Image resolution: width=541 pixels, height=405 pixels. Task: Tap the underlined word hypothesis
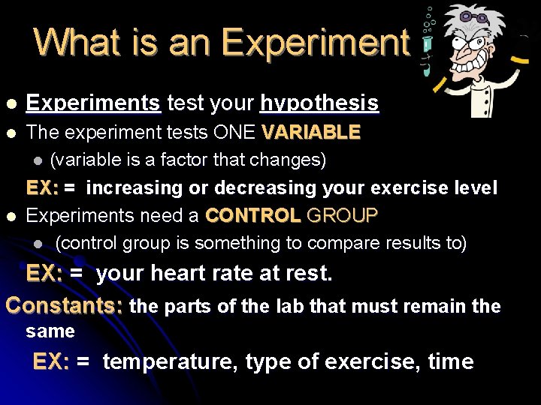point(319,103)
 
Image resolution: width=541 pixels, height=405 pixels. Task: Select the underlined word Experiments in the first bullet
point(93,103)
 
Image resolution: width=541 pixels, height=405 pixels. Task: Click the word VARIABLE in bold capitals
point(311,133)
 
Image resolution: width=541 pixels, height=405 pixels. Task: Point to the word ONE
point(234,133)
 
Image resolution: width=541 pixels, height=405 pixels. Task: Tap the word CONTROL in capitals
point(252,216)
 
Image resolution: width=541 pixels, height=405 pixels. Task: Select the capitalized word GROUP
point(341,216)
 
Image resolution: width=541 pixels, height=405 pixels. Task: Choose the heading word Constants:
point(65,305)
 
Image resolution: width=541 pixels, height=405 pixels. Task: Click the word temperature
point(171,361)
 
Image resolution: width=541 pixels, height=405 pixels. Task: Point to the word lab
point(289,306)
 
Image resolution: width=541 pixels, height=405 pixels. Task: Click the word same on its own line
point(50,331)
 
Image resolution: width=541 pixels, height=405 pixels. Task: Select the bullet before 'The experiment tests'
point(10,133)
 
